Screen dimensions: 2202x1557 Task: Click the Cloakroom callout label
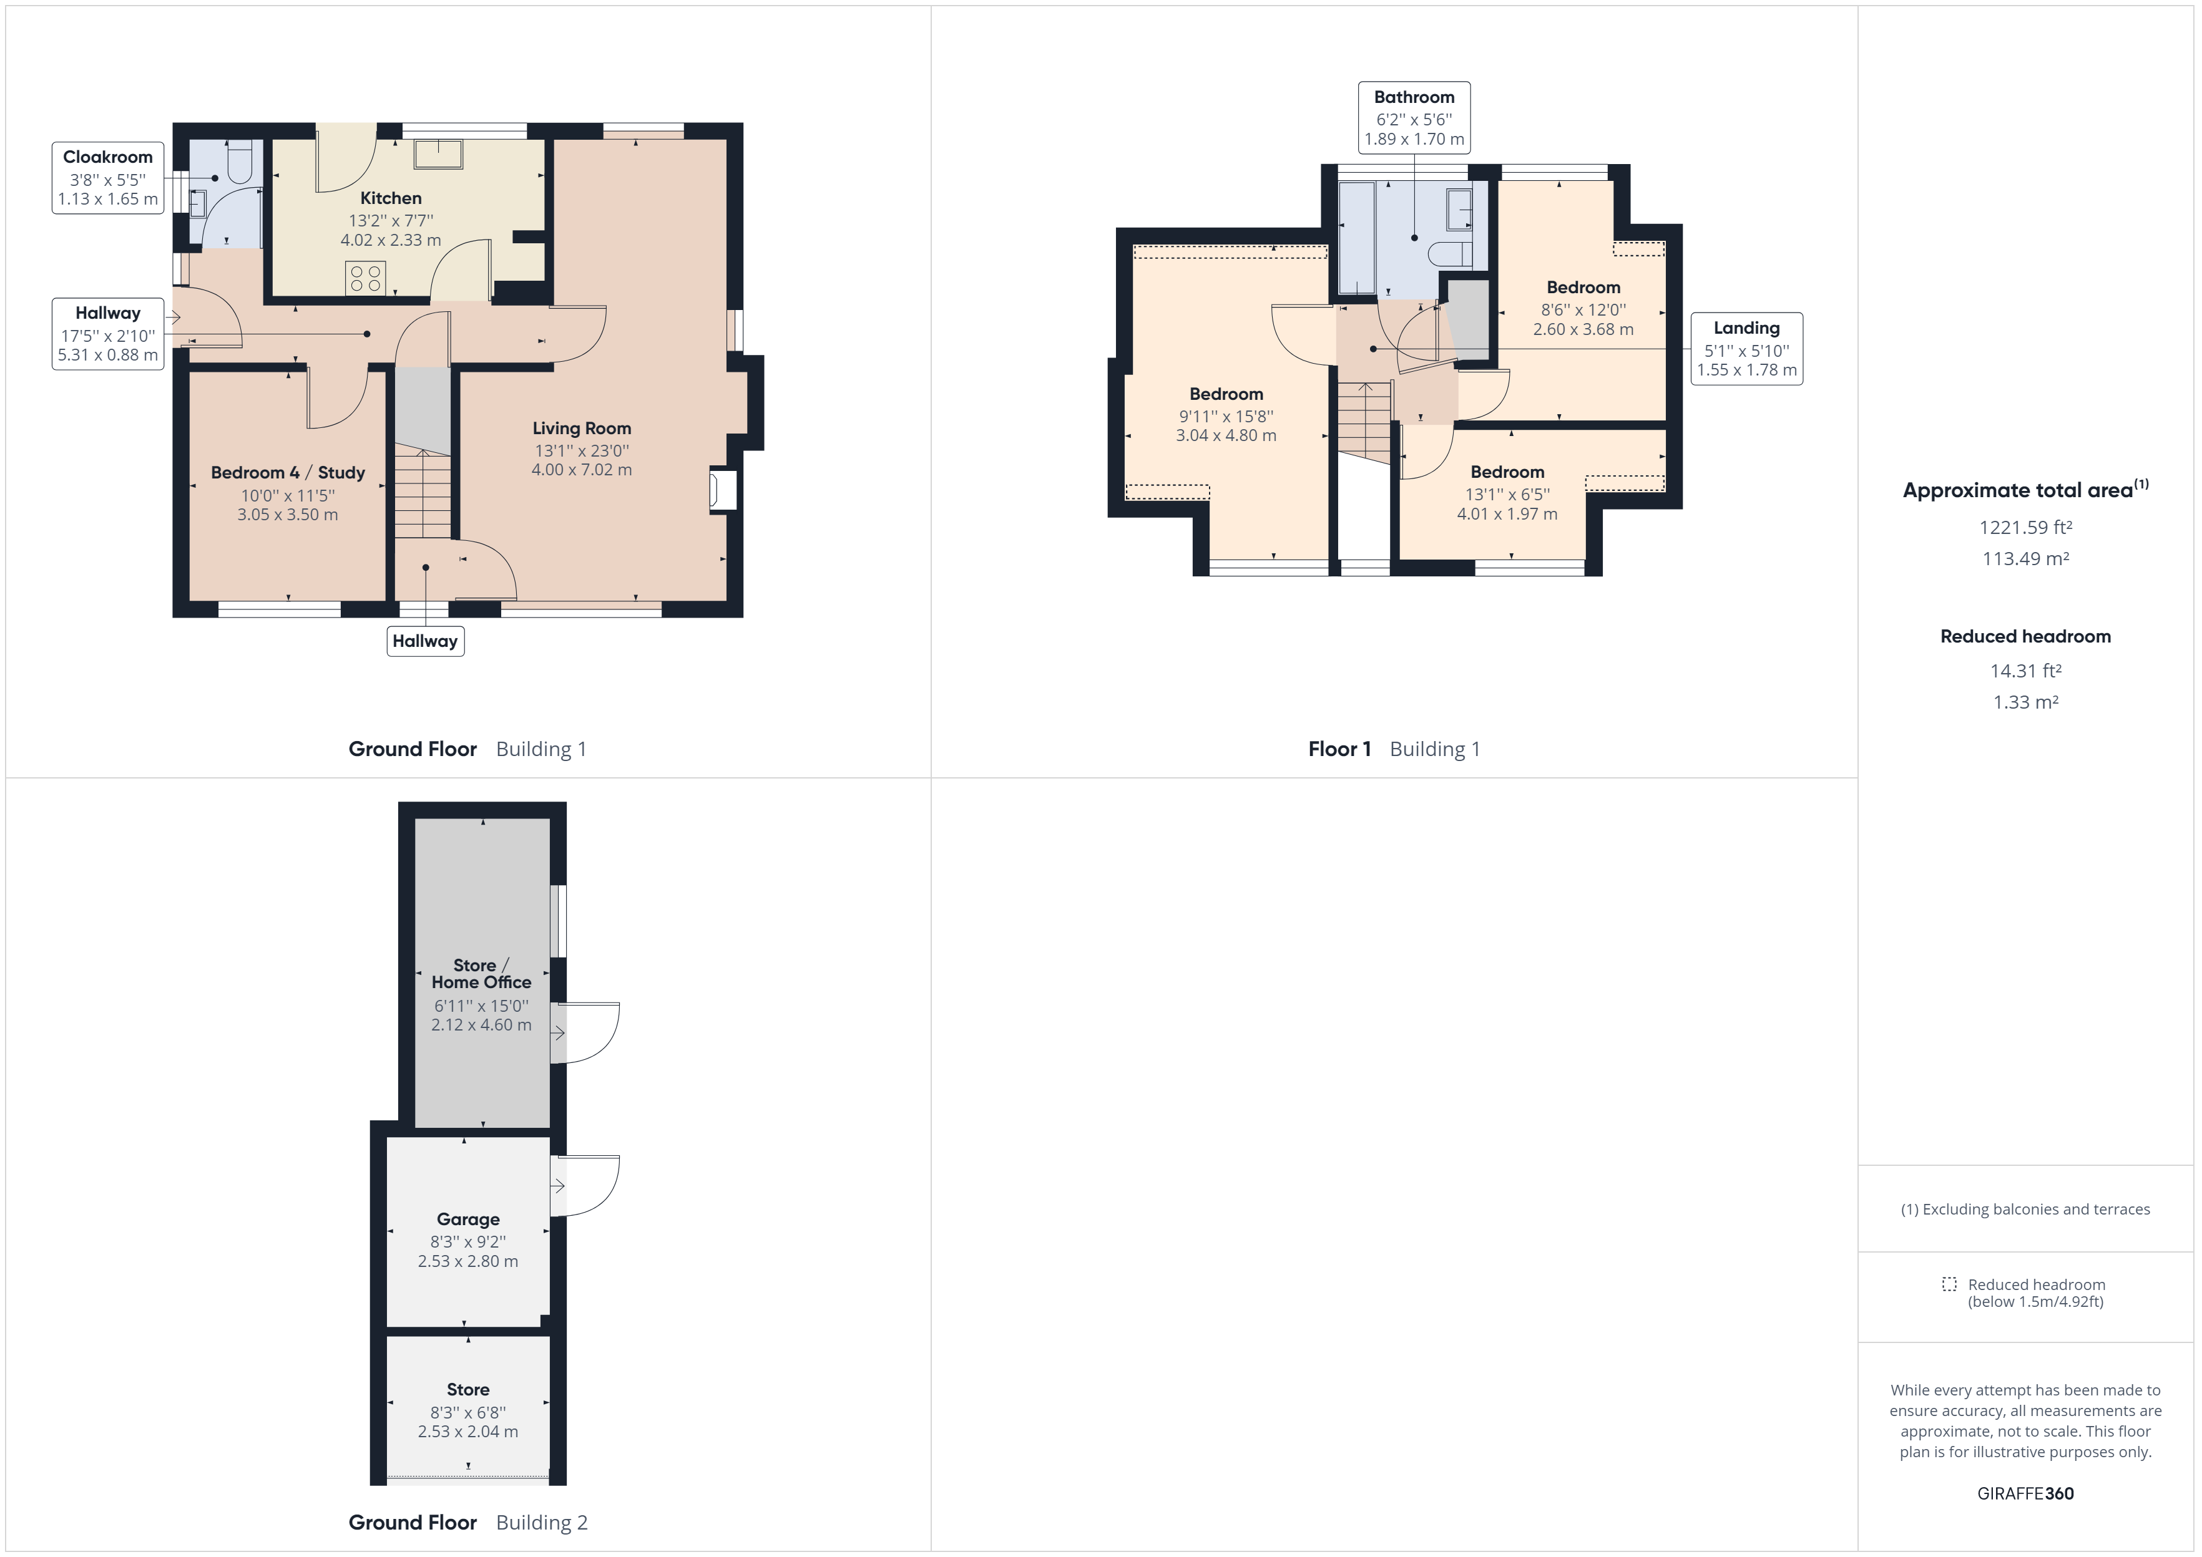(107, 177)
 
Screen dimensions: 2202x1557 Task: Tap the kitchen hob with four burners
(365, 278)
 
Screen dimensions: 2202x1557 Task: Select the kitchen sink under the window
(438, 153)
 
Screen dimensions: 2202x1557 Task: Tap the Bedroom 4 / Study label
(288, 473)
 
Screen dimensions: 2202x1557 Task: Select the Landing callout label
(1746, 349)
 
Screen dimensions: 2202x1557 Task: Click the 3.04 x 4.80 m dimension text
(1226, 435)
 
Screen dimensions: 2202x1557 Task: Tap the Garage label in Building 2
(468, 1220)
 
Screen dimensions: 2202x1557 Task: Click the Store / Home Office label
(481, 974)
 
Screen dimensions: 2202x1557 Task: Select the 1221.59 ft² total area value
(2025, 527)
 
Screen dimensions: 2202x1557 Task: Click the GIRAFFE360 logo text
(2025, 1494)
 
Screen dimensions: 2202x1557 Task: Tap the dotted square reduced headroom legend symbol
(1949, 1284)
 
